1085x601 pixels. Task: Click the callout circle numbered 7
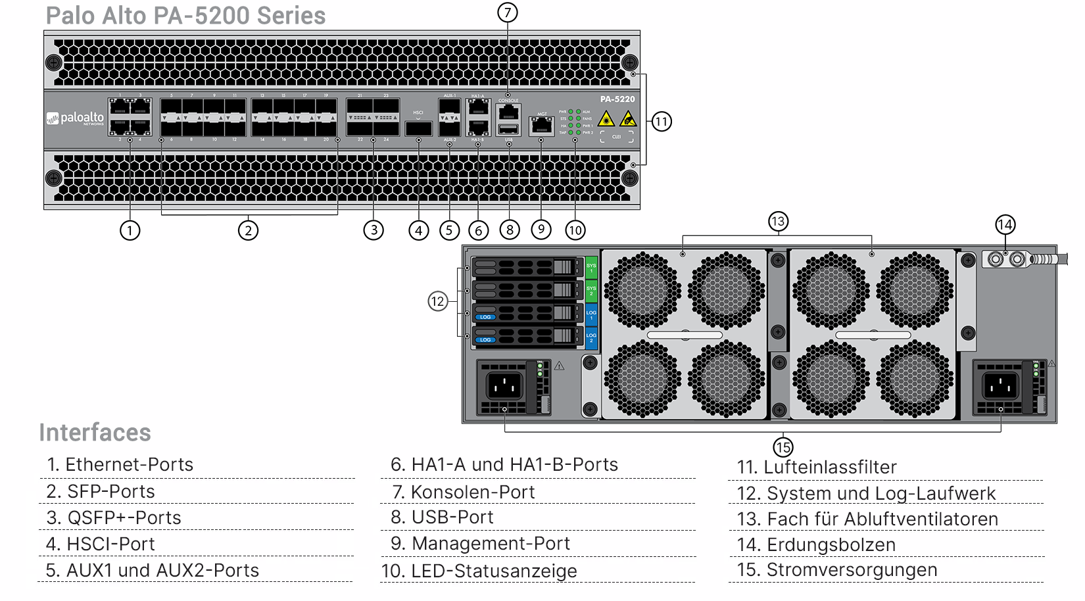click(x=507, y=12)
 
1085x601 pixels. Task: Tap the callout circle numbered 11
click(x=661, y=122)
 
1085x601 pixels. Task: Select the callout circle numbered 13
click(x=778, y=222)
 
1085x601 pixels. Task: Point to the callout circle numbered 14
click(x=1005, y=225)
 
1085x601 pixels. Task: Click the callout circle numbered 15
click(x=783, y=448)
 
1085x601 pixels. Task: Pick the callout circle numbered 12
click(x=438, y=302)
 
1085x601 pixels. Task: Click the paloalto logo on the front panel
click(x=76, y=119)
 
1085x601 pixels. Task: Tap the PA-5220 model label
click(x=617, y=99)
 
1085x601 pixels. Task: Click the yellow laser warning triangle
click(x=606, y=119)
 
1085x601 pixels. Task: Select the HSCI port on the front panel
click(x=419, y=128)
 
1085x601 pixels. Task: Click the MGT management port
click(x=541, y=126)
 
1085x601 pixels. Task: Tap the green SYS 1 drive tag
click(x=591, y=268)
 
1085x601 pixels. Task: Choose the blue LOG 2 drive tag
click(x=591, y=338)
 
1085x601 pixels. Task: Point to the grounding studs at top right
click(x=1007, y=259)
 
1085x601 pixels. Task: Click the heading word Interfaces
click(x=95, y=433)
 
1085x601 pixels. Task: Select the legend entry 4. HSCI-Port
click(x=101, y=544)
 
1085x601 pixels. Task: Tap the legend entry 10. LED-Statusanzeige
click(x=479, y=571)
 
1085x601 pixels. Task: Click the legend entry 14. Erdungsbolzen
click(x=816, y=544)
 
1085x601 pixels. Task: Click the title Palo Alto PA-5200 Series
click(x=185, y=16)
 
